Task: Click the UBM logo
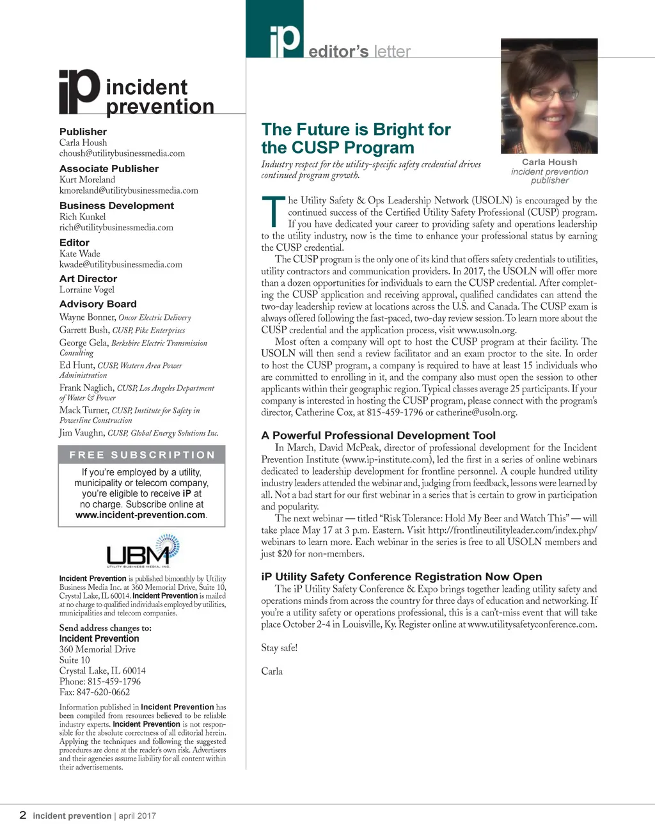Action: [x=142, y=551]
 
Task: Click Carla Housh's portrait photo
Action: [x=549, y=96]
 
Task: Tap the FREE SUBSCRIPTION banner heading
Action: [x=142, y=455]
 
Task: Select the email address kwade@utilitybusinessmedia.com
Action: [x=121, y=264]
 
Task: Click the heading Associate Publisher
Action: [x=109, y=169]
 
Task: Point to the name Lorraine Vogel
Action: [x=87, y=289]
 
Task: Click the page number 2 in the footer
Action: [x=23, y=815]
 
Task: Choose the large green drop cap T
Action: [x=273, y=212]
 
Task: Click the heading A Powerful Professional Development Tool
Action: [x=378, y=436]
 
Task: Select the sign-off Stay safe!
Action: [x=280, y=647]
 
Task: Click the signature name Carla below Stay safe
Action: [x=272, y=671]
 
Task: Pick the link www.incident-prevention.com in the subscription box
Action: [x=140, y=515]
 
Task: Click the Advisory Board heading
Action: [x=98, y=304]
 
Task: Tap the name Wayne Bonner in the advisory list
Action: [x=87, y=317]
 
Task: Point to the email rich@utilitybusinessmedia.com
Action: [x=116, y=227]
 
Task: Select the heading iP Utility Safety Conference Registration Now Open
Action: [x=401, y=577]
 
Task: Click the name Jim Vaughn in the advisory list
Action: [x=81, y=433]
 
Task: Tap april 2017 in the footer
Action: [x=137, y=816]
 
